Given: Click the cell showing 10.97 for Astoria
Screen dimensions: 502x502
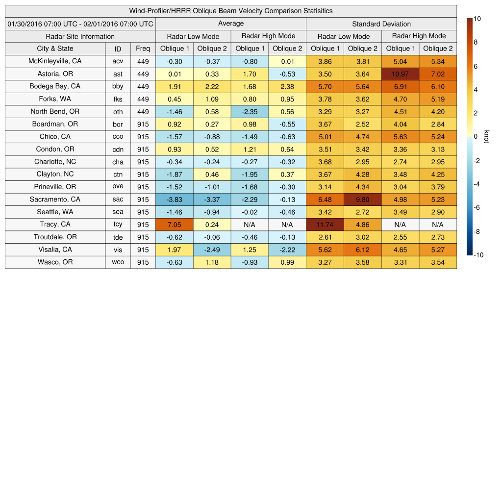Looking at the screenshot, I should pos(400,74).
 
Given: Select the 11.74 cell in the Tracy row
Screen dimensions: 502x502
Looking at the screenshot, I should pos(325,225).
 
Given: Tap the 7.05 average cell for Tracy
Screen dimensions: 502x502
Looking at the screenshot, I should pos(174,225).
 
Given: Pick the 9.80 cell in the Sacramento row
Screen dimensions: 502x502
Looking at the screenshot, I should pos(362,200).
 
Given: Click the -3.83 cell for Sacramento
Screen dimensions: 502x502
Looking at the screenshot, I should pos(174,200).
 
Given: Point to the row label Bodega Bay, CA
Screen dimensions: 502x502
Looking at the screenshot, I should pos(55,86).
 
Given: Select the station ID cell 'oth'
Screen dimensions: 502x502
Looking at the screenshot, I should pos(118,112).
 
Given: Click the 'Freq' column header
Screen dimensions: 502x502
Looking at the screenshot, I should pos(143,49).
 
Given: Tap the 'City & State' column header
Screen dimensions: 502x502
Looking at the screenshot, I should pos(55,49).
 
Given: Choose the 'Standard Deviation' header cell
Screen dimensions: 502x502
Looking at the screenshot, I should pos(381,24).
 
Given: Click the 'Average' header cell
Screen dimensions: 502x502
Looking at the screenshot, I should pos(230,24).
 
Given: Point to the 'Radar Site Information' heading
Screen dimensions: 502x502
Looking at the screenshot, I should pos(80,36).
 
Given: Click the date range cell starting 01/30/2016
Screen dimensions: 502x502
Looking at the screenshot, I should pos(80,24).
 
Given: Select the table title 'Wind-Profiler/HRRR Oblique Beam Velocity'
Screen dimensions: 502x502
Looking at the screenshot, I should pos(230,11).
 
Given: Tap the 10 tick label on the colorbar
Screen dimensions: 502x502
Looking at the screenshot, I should pos(477,19).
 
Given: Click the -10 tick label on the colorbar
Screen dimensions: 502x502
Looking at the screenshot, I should pos(478,255).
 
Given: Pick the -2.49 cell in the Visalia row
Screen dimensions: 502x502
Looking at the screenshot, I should pos(212,250).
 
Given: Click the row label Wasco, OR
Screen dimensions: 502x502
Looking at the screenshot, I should pos(55,262).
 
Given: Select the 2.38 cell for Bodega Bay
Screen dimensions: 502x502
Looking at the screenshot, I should pos(287,86).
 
